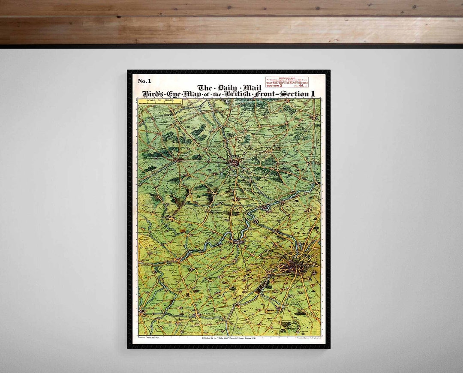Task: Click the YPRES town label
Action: [235, 157]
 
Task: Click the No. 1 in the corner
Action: [144, 81]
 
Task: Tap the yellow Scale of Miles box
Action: [160, 102]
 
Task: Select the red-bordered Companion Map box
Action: [287, 83]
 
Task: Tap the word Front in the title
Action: [265, 94]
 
